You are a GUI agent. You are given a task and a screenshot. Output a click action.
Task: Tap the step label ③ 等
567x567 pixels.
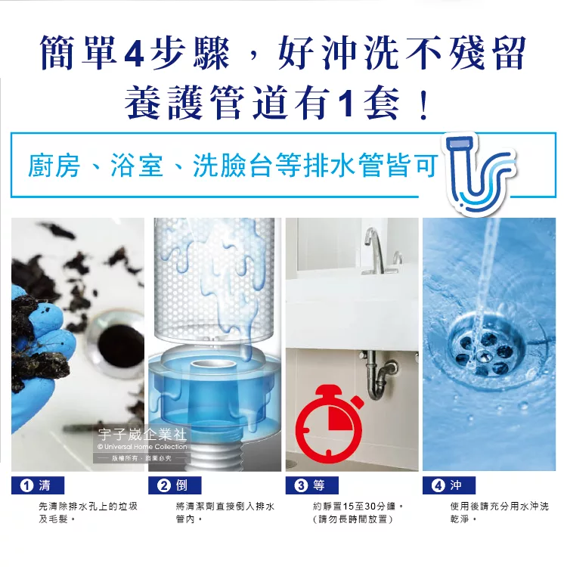coord(311,484)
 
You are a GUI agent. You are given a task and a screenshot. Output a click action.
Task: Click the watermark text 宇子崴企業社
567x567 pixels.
coord(142,434)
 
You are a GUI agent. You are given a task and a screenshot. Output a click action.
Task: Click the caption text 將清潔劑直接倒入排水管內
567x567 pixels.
coord(225,513)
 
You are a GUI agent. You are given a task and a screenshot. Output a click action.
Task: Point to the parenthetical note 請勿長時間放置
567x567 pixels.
coord(352,520)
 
